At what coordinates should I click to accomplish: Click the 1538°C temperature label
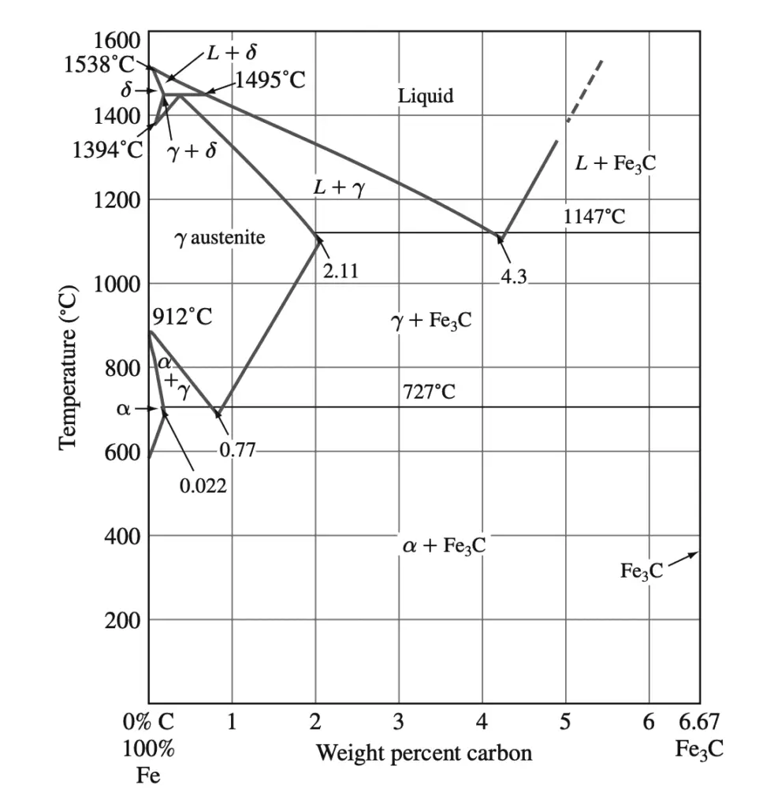coord(99,65)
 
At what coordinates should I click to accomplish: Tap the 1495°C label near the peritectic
coord(270,80)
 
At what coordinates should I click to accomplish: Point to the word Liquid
coord(426,96)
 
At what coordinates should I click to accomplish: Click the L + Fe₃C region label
coord(616,163)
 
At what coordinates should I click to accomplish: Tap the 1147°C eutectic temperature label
coord(594,215)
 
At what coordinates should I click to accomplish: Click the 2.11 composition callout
coord(341,271)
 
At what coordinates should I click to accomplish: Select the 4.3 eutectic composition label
coord(513,277)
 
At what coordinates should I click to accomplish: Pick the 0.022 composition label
coord(203,485)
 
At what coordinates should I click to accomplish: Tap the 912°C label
coord(182,318)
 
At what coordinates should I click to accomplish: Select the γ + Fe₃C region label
coord(431,321)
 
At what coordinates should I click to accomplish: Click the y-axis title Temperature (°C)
coord(69,367)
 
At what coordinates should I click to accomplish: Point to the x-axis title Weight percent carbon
coord(424,753)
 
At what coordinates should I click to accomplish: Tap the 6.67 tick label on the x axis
coord(699,722)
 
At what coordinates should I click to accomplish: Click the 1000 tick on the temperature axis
coord(117,284)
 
